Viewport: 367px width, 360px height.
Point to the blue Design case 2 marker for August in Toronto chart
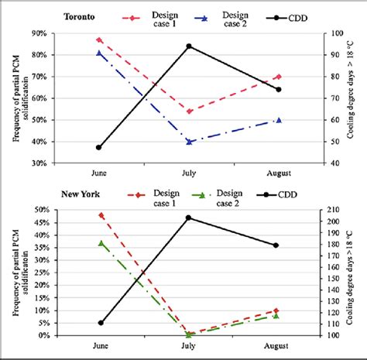[279, 120]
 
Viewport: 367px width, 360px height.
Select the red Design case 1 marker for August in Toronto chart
[279, 77]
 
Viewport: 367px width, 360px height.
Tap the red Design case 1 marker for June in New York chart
[101, 215]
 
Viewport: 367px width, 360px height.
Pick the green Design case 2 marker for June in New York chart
[101, 243]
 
